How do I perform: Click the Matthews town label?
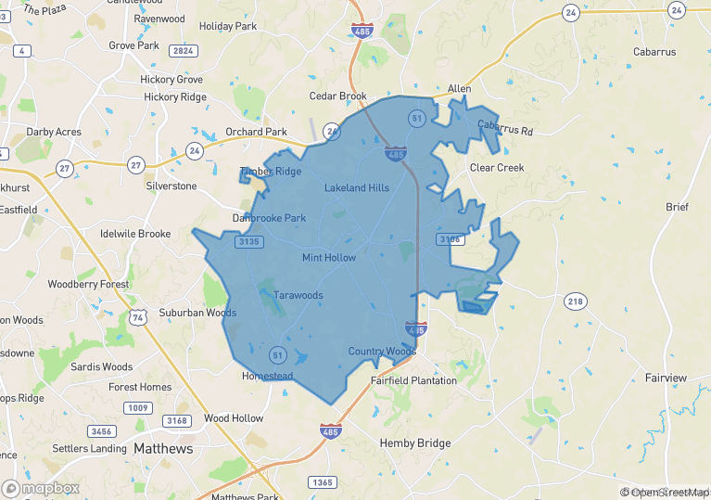pyautogui.click(x=163, y=449)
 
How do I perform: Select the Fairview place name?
pyautogui.click(x=666, y=378)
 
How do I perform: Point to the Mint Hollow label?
pyautogui.click(x=328, y=257)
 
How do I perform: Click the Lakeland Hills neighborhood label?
pyautogui.click(x=357, y=188)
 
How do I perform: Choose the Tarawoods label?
pyautogui.click(x=298, y=296)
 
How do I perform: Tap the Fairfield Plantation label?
pyautogui.click(x=413, y=380)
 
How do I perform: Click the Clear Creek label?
pyautogui.click(x=496, y=168)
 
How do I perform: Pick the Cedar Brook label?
pyautogui.click(x=338, y=96)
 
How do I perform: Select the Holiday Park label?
pyautogui.click(x=228, y=26)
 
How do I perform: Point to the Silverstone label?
pyautogui.click(x=171, y=186)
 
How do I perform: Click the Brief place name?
pyautogui.click(x=677, y=207)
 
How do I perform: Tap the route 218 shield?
pyautogui.click(x=576, y=301)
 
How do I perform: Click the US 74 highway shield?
pyautogui.click(x=137, y=316)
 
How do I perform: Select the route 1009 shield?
pyautogui.click(x=139, y=408)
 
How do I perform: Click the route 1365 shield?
pyautogui.click(x=323, y=482)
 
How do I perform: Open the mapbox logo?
pyautogui.click(x=41, y=488)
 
